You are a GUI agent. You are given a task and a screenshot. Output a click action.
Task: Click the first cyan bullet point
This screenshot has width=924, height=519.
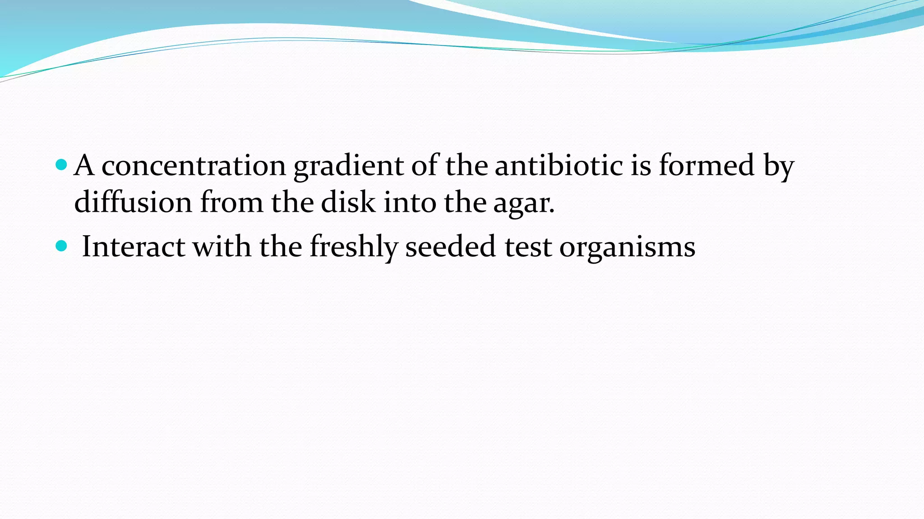(61, 165)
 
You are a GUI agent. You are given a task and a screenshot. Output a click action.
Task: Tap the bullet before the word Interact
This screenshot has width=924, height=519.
(61, 246)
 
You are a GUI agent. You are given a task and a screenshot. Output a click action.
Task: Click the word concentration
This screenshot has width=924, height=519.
(194, 166)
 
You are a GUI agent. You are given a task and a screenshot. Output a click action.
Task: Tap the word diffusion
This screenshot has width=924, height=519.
(133, 202)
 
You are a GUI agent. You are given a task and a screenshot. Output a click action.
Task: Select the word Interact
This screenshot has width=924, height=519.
(133, 247)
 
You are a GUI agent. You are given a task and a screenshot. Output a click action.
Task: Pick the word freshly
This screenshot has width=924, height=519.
(353, 247)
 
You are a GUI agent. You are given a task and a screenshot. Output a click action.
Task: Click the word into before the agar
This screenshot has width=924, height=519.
(410, 202)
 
